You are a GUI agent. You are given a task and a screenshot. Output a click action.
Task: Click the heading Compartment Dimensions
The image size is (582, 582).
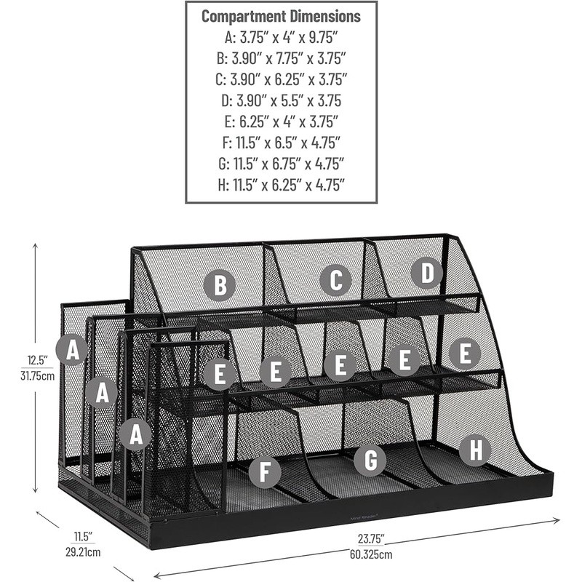(x=281, y=15)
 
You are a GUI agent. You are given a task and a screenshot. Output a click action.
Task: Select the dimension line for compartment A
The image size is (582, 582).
(x=281, y=36)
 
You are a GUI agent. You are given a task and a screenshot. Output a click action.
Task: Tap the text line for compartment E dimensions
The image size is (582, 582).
(x=281, y=121)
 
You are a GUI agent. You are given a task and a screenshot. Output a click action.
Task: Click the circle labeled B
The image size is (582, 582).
(x=219, y=285)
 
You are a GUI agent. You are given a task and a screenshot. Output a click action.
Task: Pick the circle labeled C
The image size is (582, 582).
(x=335, y=280)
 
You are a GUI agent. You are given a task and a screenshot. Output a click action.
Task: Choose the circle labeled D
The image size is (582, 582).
(x=426, y=273)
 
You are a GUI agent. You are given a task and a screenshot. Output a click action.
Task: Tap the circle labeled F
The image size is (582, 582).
(x=265, y=472)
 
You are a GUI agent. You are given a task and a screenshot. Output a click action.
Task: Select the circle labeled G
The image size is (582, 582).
(x=370, y=460)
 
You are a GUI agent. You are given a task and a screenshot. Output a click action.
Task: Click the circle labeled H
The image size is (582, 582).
(x=475, y=450)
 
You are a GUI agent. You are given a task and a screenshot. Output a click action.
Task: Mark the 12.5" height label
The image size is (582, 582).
(x=37, y=360)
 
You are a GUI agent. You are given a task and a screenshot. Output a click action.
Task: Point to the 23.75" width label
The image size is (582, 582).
(x=371, y=539)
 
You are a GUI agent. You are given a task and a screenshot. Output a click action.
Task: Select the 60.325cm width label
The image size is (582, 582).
(x=371, y=554)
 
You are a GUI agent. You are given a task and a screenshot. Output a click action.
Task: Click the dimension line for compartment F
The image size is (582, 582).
(x=281, y=142)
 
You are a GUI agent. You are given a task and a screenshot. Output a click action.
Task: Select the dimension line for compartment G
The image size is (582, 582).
(x=281, y=163)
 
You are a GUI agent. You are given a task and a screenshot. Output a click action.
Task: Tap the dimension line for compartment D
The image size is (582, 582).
(x=281, y=100)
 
